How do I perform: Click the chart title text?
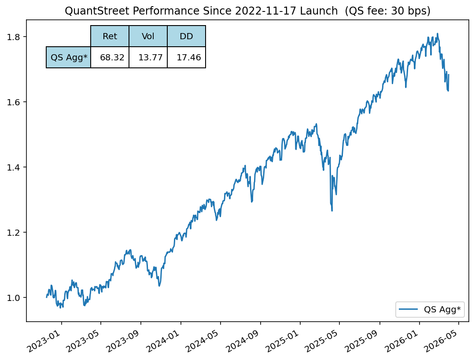coord(247,11)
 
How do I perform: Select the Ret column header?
coord(110,36)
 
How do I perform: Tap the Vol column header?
coord(148,36)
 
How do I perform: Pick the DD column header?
coord(186,36)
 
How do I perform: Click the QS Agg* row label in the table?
coord(69,57)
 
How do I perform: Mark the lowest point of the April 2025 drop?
coord(331,211)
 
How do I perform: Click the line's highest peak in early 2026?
coord(437,33)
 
